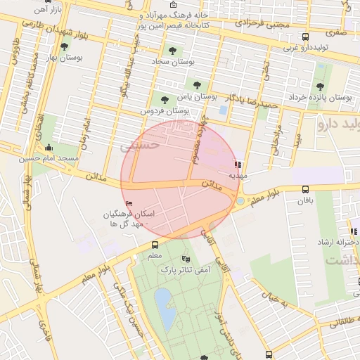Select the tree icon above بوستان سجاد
click(x=172, y=50)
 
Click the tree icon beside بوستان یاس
click(x=198, y=85)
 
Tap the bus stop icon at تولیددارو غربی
click(x=304, y=37)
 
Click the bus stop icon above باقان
click(x=305, y=189)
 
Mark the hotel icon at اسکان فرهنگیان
click(x=127, y=204)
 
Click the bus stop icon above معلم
click(x=155, y=245)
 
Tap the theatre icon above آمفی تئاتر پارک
click(x=186, y=259)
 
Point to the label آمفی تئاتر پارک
click(x=186, y=269)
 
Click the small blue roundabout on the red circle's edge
click(x=240, y=201)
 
